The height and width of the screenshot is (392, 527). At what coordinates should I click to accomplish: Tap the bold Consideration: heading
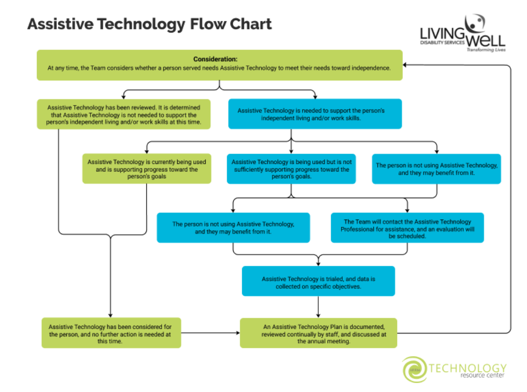[x=215, y=59]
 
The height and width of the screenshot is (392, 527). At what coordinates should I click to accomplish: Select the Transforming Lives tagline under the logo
[x=486, y=50]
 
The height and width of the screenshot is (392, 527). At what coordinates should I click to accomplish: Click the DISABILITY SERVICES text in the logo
[x=442, y=43]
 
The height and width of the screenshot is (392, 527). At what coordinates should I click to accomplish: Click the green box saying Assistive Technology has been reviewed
[x=124, y=114]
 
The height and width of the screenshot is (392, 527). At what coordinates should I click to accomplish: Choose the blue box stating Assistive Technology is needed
[x=315, y=114]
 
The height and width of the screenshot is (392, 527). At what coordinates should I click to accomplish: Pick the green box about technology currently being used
[x=146, y=169]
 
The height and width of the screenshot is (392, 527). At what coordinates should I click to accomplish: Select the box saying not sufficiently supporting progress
[x=291, y=169]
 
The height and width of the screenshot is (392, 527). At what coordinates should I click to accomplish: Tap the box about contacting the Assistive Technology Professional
[x=407, y=228]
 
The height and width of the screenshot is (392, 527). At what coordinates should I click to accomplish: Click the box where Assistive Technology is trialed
[x=318, y=281]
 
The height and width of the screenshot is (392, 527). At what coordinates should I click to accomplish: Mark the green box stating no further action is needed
[x=111, y=333]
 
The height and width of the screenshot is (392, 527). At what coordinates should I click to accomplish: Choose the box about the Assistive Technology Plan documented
[x=318, y=333]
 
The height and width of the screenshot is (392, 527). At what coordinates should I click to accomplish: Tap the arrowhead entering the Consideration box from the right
[x=406, y=65]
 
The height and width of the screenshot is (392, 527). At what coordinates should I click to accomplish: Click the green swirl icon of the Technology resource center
[x=413, y=369]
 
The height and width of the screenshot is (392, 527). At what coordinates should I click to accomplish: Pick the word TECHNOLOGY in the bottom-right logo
[x=468, y=368]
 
